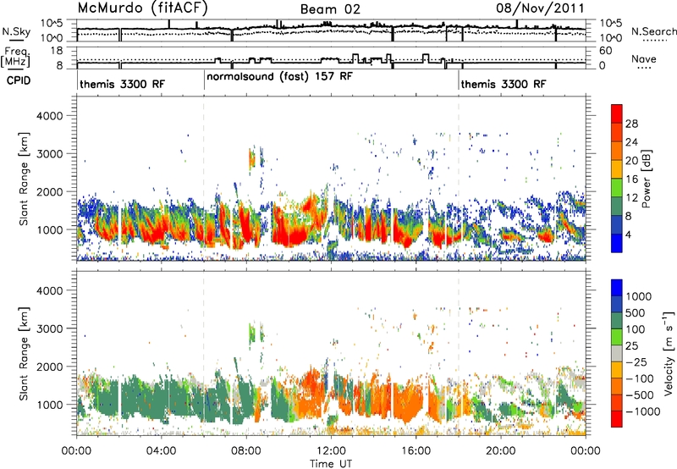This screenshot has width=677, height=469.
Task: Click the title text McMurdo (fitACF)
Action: pyautogui.click(x=142, y=8)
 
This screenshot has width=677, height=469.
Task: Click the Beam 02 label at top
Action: pyautogui.click(x=330, y=9)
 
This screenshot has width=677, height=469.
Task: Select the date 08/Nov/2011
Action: pyautogui.click(x=540, y=8)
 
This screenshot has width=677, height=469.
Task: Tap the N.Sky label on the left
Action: pyautogui.click(x=16, y=31)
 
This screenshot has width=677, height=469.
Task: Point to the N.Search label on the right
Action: pyautogui.click(x=653, y=31)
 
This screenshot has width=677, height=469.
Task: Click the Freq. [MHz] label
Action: pyautogui.click(x=15, y=57)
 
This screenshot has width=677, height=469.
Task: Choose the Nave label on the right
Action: pyautogui.click(x=644, y=58)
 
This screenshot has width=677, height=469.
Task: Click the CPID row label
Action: pyautogui.click(x=19, y=80)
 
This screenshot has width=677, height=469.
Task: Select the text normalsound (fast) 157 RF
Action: pyautogui.click(x=279, y=77)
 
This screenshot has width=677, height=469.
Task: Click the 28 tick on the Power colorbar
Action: pyautogui.click(x=631, y=124)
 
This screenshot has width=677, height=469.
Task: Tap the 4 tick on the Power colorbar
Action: pyautogui.click(x=628, y=234)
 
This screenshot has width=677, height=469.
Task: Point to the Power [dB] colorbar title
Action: pyautogui.click(x=647, y=179)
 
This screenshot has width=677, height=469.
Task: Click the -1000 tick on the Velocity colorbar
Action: pyautogui.click(x=642, y=411)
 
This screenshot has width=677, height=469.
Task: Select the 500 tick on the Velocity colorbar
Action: pyautogui.click(x=636, y=313)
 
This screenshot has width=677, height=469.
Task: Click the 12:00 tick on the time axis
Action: pyautogui.click(x=331, y=451)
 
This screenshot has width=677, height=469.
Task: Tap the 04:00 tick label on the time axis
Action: pyautogui.click(x=161, y=451)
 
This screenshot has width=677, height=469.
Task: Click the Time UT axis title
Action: pyautogui.click(x=331, y=464)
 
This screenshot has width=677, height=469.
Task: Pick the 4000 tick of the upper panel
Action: pyautogui.click(x=50, y=116)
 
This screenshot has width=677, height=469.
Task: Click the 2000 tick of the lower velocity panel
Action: pyautogui.click(x=50, y=367)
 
